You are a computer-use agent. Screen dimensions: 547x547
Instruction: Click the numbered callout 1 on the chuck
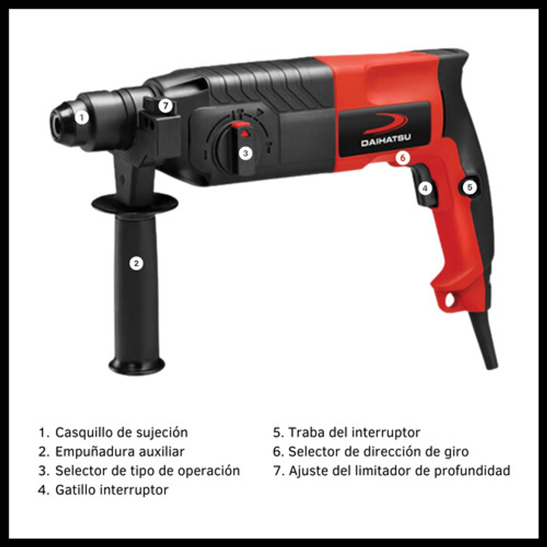pyautogui.click(x=82, y=117)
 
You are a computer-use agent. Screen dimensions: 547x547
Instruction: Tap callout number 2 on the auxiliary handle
pyautogui.click(x=136, y=263)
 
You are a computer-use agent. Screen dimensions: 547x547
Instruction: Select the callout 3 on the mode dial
pyautogui.click(x=246, y=153)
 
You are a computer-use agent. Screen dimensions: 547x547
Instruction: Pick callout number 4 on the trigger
pyautogui.click(x=425, y=188)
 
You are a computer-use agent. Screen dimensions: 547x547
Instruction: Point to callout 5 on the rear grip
pyautogui.click(x=469, y=187)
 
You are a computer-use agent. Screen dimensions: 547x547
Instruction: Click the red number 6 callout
pyautogui.click(x=403, y=158)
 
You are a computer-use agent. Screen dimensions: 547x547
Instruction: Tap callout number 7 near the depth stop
pyautogui.click(x=166, y=106)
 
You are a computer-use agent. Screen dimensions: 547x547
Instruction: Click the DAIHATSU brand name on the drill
pyautogui.click(x=386, y=141)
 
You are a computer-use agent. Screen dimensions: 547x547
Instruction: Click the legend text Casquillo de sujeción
pyautogui.click(x=121, y=433)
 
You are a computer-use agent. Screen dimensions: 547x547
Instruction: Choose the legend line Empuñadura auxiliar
pyautogui.click(x=120, y=452)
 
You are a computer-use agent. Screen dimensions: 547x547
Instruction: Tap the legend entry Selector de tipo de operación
pyautogui.click(x=148, y=471)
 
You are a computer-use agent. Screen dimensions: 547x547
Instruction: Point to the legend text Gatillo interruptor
pyautogui.click(x=112, y=490)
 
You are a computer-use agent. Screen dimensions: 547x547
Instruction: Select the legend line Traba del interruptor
pyautogui.click(x=354, y=433)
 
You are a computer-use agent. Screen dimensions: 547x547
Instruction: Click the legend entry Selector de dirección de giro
pyautogui.click(x=379, y=452)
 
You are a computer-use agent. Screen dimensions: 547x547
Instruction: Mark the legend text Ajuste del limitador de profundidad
pyautogui.click(x=399, y=471)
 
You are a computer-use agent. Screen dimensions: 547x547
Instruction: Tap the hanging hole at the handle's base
pyautogui.click(x=450, y=299)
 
